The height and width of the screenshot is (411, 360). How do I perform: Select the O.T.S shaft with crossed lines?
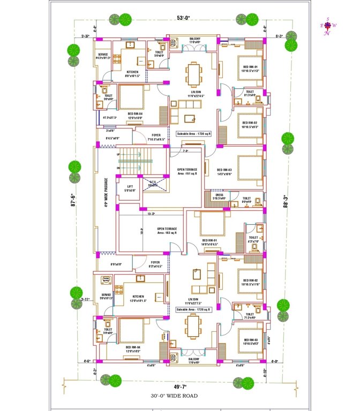[153, 184]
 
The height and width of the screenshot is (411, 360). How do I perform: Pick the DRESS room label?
[219, 196]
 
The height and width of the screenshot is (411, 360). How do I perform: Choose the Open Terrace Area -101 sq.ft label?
[187, 171]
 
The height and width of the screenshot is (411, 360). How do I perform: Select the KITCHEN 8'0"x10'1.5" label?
[132, 74]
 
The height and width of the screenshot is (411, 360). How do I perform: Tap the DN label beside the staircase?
[118, 168]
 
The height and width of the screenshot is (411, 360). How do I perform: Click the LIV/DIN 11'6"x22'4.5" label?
[189, 94]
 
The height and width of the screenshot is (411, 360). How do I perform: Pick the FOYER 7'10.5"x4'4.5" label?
[156, 137]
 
